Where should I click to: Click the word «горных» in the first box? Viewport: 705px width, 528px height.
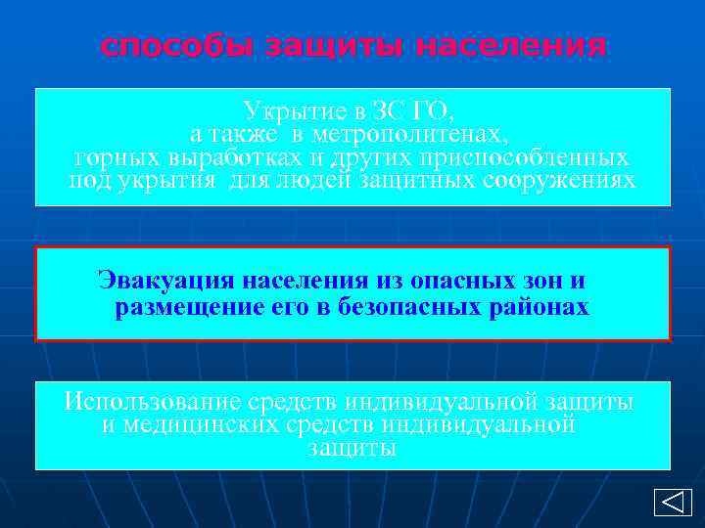[x=111, y=157]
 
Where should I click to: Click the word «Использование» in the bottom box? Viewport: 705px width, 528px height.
[x=147, y=401]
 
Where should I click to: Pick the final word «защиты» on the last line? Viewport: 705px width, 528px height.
[x=352, y=449]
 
